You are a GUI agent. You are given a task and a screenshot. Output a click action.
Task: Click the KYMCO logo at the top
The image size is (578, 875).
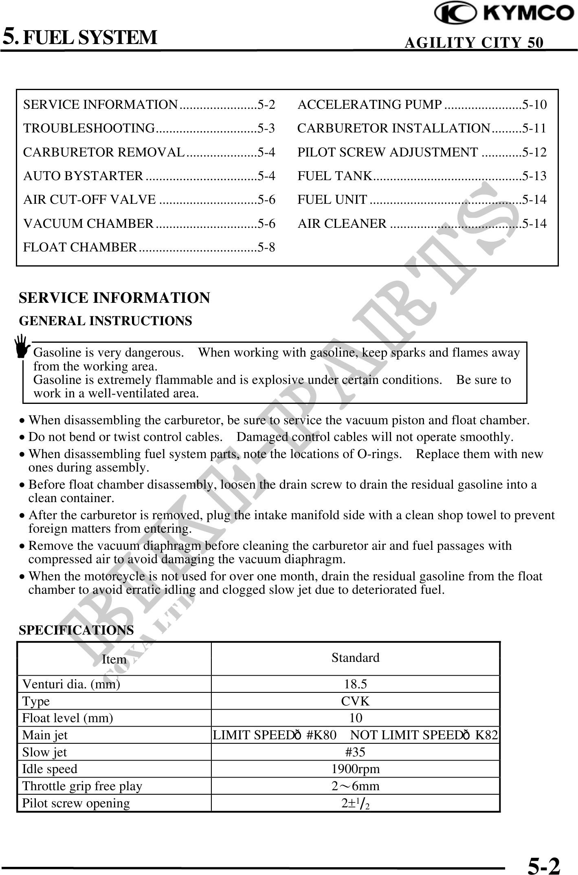(x=504, y=13)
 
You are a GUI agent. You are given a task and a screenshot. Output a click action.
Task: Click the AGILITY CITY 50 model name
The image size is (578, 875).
(x=473, y=43)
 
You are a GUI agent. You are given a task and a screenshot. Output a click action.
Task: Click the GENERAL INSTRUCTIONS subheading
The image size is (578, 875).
(x=105, y=321)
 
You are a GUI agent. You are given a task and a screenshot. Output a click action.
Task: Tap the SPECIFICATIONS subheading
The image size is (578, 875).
(x=76, y=630)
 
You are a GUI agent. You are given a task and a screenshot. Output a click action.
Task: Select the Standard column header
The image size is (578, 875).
(x=355, y=658)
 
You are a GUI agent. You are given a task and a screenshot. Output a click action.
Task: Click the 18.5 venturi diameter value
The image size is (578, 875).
(x=355, y=684)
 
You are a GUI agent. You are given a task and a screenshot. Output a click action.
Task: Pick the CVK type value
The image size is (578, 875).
(x=355, y=701)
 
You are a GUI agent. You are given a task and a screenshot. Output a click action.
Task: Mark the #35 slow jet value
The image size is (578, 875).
(x=355, y=752)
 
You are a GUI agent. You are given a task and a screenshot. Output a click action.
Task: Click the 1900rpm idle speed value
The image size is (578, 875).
(x=355, y=769)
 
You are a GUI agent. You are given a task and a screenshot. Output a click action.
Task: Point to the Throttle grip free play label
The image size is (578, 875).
(x=82, y=786)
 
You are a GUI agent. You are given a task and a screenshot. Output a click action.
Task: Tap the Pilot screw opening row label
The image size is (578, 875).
(x=76, y=803)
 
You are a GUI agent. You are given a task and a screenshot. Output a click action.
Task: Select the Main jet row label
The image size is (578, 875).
(x=45, y=735)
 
